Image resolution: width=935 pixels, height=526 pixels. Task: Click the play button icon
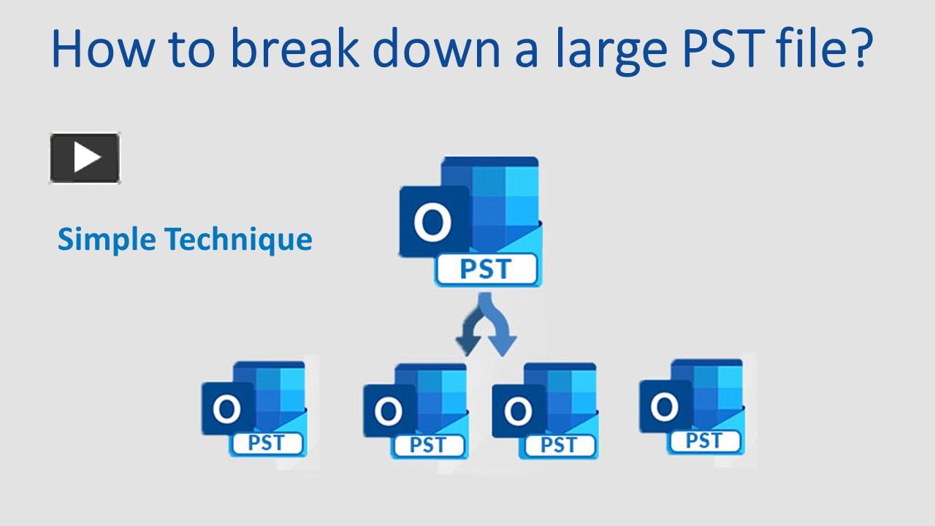(85, 157)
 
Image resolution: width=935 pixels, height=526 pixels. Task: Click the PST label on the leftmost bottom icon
(266, 442)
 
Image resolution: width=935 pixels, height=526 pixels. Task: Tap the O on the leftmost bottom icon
(227, 409)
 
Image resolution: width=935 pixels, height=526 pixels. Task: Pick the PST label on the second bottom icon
(427, 444)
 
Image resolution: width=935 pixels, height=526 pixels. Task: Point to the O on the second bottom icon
(389, 412)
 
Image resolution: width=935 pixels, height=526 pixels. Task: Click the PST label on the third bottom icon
(557, 444)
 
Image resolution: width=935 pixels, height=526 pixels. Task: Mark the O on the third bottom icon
(518, 412)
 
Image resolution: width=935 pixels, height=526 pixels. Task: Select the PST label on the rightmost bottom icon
(703, 441)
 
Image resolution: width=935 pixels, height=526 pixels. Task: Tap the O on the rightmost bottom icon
(664, 406)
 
